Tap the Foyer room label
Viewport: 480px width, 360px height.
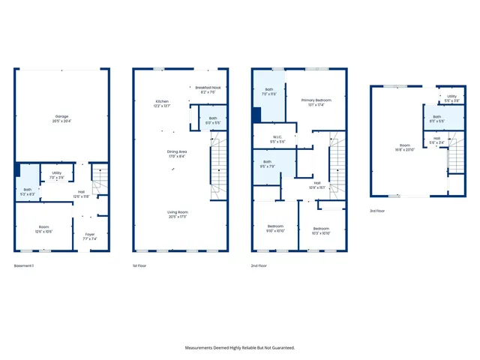pyautogui.click(x=90, y=235)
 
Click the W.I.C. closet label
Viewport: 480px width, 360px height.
pyautogui.click(x=277, y=138)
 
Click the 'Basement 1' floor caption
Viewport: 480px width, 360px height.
pyautogui.click(x=24, y=265)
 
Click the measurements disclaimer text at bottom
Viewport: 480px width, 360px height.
pyautogui.click(x=240, y=347)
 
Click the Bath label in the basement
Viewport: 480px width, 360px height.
pyautogui.click(x=28, y=191)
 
